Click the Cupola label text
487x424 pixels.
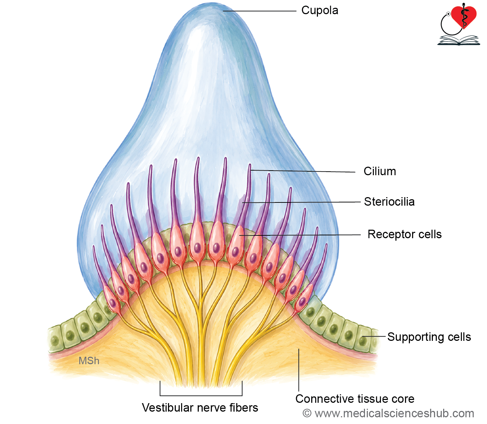tap(319, 11)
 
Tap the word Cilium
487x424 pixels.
tap(379, 171)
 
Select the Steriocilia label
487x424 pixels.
tap(389, 202)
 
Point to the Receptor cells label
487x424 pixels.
tap(404, 234)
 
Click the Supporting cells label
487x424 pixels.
tap(429, 337)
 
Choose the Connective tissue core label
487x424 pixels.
tap(355, 399)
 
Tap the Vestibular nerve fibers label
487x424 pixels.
tap(200, 408)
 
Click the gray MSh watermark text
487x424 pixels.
tap(89, 361)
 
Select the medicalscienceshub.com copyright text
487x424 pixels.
tap(388, 413)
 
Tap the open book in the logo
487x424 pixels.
tap(459, 40)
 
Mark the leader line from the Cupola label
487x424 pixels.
tap(260, 11)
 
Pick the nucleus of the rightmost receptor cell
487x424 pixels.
tap(302, 302)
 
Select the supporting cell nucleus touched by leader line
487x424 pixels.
tap(363, 341)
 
